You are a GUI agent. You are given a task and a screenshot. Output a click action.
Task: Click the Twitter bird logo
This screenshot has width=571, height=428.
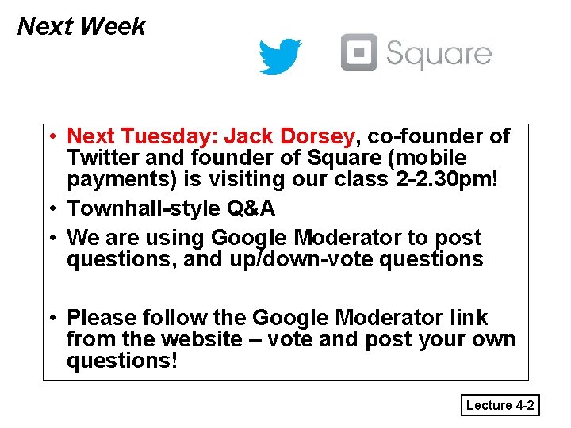click(279, 55)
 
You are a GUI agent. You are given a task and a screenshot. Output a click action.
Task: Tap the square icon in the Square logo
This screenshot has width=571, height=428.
click(359, 52)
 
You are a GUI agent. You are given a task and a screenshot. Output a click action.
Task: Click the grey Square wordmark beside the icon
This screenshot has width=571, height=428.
click(439, 55)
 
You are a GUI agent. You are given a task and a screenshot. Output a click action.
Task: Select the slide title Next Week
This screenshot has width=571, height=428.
click(81, 27)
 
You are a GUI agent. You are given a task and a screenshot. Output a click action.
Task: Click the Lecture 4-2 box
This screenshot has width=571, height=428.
click(500, 406)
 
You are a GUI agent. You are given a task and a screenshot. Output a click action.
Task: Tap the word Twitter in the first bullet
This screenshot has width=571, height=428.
click(101, 158)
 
